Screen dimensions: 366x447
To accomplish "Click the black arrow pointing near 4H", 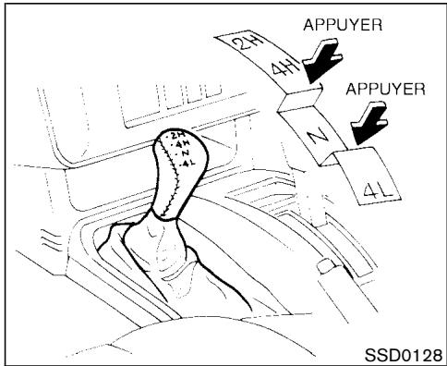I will pos(307,69).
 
